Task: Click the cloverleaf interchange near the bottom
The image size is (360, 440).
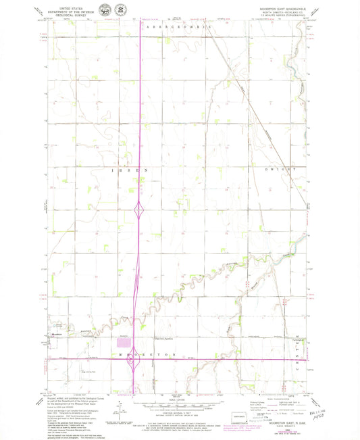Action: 137,366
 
